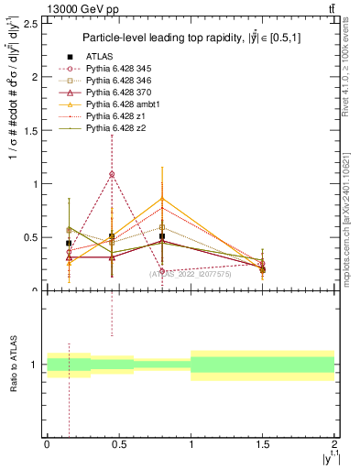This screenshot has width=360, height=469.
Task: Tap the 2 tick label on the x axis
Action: (334, 444)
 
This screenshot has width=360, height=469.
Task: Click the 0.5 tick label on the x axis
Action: (118, 444)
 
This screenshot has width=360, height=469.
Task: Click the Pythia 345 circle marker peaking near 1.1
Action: (112, 174)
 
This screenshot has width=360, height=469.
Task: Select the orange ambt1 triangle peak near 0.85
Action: (162, 199)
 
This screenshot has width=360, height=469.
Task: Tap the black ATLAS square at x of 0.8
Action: (162, 236)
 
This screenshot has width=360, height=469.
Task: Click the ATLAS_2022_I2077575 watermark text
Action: (191, 274)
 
